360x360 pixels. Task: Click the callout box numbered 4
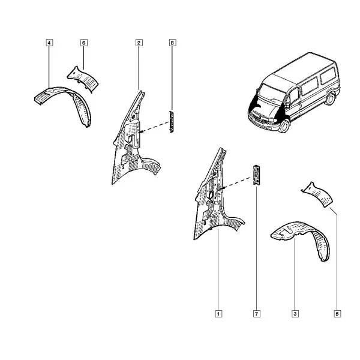[x=49, y=43]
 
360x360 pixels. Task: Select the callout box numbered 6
[x=84, y=43]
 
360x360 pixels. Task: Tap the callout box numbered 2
[x=139, y=43]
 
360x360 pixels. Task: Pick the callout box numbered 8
[x=172, y=43]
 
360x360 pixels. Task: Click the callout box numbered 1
[x=218, y=314]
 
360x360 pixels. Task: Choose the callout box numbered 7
[x=256, y=314]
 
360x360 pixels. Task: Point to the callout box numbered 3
[x=295, y=314]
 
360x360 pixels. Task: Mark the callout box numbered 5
[x=337, y=314]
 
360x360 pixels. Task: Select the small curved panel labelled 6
[x=83, y=79]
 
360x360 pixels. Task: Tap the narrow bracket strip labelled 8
[x=171, y=122]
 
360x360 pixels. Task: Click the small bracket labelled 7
[x=256, y=175]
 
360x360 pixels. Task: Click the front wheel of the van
[x=284, y=126]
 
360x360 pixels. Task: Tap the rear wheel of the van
[x=330, y=99]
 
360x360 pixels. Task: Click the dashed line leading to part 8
[x=154, y=127]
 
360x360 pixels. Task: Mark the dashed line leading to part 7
[x=236, y=183]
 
